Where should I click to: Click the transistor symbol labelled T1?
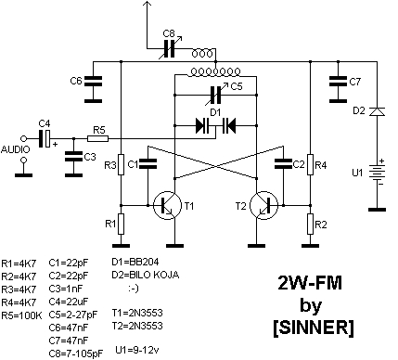(x=167, y=205)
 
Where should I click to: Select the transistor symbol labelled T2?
(x=263, y=205)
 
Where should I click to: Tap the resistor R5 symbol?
(x=98, y=138)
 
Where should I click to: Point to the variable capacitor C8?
(x=170, y=48)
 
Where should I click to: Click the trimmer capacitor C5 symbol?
(x=216, y=95)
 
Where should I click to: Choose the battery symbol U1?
(x=377, y=173)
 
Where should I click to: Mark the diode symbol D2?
(x=377, y=111)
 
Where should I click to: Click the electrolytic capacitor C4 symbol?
(x=45, y=138)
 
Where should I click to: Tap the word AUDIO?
(x=16, y=149)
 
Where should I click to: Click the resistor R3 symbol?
(x=121, y=164)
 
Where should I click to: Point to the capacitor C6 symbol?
(x=93, y=81)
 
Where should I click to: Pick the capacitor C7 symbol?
(x=338, y=81)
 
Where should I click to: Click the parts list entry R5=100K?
(x=21, y=315)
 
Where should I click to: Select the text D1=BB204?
(x=135, y=262)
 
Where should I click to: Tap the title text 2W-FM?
(x=310, y=283)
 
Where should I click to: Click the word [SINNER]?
(x=314, y=328)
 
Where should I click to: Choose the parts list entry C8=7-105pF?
(x=76, y=354)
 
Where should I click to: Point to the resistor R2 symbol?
(x=311, y=225)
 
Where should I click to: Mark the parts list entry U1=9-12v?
(x=137, y=351)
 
